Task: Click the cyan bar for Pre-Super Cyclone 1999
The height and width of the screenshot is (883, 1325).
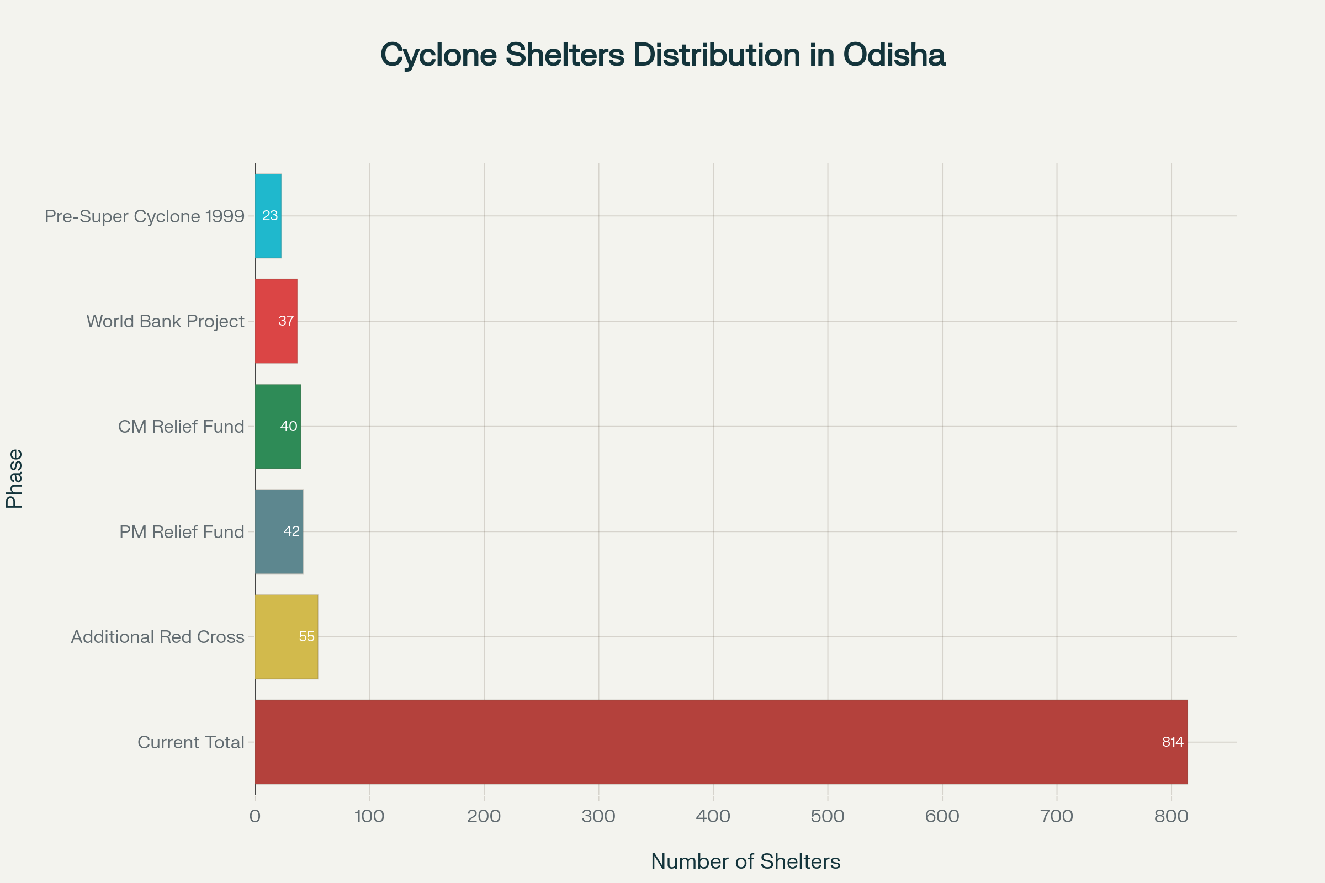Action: coord(268,237)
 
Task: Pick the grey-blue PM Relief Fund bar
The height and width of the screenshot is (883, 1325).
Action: coord(279,552)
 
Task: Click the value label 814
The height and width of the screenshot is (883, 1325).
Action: coord(1172,742)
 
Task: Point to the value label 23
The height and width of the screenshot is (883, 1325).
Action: coord(270,216)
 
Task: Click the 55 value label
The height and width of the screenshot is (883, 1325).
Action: coord(306,637)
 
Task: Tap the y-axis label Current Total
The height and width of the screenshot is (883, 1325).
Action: coord(191,742)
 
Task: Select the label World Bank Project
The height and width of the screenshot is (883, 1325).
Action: coord(165,321)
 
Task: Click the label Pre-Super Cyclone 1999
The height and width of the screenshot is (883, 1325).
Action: coord(145,216)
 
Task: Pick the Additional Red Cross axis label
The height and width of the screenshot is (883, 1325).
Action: coord(158,637)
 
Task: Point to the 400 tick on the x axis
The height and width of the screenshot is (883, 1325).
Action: coord(713,817)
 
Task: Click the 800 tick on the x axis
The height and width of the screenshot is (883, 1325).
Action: coord(1171,817)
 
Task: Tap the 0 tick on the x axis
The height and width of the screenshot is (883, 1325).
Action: coord(255,817)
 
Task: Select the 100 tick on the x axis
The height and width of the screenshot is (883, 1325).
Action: coord(369,817)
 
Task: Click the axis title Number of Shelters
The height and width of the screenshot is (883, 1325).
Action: coord(745,861)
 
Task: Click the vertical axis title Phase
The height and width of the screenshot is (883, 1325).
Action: coord(15,478)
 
